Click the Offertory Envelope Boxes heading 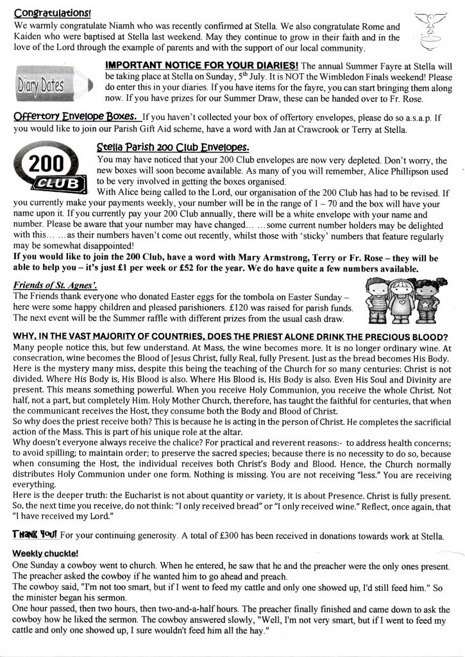tap(76, 117)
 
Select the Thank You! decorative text tap(35, 534)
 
